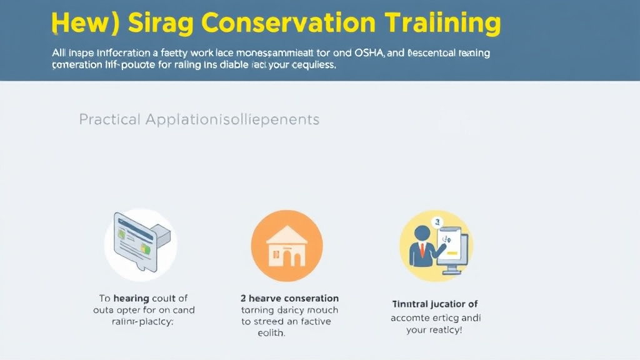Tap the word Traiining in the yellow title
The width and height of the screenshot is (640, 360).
[x=443, y=22]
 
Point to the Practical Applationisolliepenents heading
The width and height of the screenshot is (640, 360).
[x=199, y=119]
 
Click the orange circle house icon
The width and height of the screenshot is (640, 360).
[x=286, y=245]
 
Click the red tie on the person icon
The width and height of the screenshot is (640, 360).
[x=423, y=250]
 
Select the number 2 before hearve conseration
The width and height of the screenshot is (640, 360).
[x=244, y=298]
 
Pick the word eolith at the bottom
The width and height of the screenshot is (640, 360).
[x=271, y=334]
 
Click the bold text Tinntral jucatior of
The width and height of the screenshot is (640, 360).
[x=434, y=304]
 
